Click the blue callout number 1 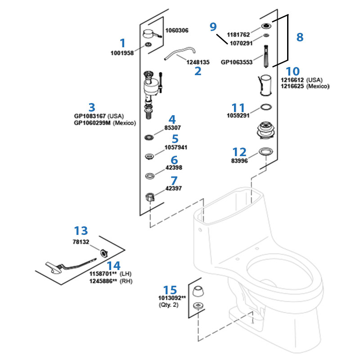click(122, 43)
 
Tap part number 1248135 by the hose click(198, 62)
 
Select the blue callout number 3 click(92, 107)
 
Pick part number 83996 click(239, 161)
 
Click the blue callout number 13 click(81, 231)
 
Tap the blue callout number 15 click(170, 290)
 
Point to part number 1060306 click(177, 31)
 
